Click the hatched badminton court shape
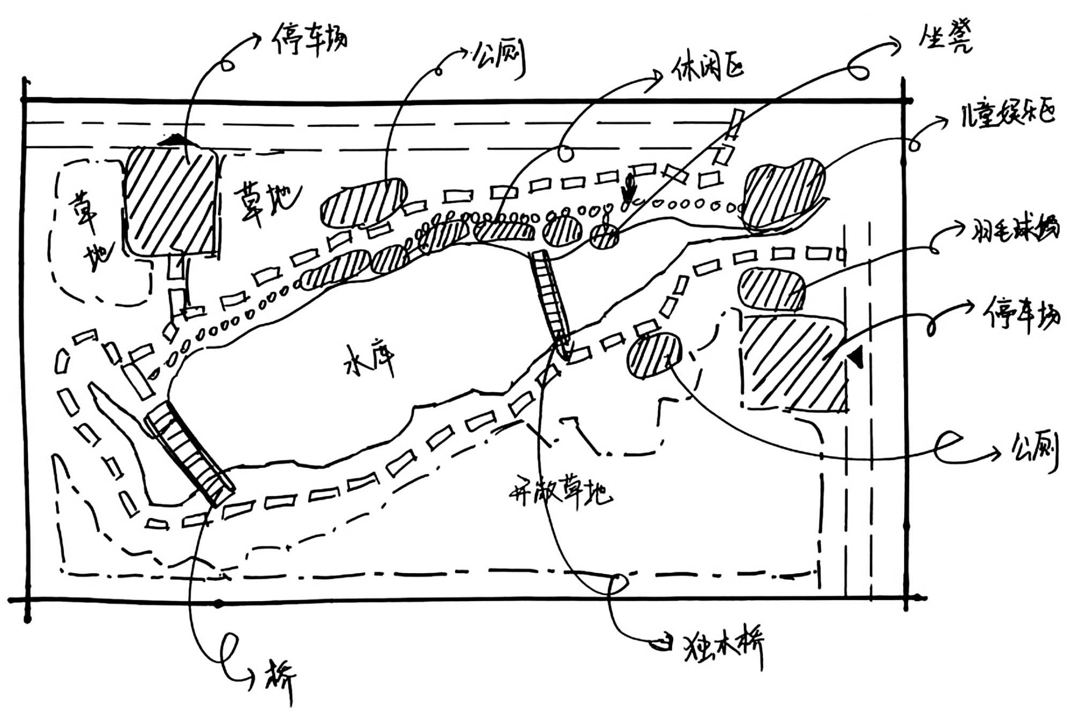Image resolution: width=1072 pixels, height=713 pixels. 772,289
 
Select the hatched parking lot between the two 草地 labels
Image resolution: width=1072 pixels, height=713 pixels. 170,201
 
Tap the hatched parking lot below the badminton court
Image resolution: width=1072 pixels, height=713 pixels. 793,364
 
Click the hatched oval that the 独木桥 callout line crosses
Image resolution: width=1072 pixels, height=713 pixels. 654,355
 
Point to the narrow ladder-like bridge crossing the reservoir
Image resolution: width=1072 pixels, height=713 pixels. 551,300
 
